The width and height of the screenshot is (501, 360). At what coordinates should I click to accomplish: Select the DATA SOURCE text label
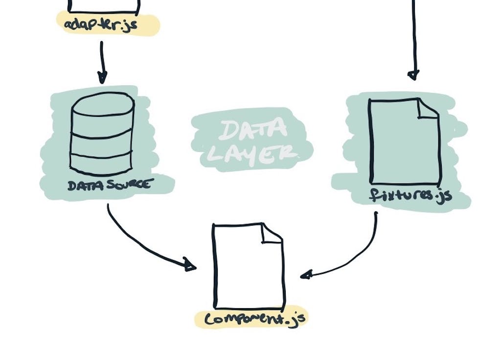[x=111, y=185]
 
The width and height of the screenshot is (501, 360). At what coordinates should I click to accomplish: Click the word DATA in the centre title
[x=252, y=130]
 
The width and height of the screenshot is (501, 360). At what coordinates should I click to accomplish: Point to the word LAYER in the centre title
[x=251, y=154]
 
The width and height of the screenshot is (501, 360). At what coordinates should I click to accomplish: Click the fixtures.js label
[x=410, y=196]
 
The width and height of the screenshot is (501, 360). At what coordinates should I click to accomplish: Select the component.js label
[x=254, y=319]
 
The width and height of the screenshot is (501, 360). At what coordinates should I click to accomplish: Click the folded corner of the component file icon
[x=272, y=233]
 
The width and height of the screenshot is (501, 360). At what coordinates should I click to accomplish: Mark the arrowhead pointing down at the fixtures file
[x=413, y=75]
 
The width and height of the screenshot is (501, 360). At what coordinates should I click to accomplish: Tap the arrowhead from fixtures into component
[x=306, y=275]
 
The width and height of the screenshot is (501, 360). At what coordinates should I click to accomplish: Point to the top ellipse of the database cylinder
[x=102, y=104]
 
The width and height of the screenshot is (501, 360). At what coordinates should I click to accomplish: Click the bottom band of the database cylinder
[x=101, y=164]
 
